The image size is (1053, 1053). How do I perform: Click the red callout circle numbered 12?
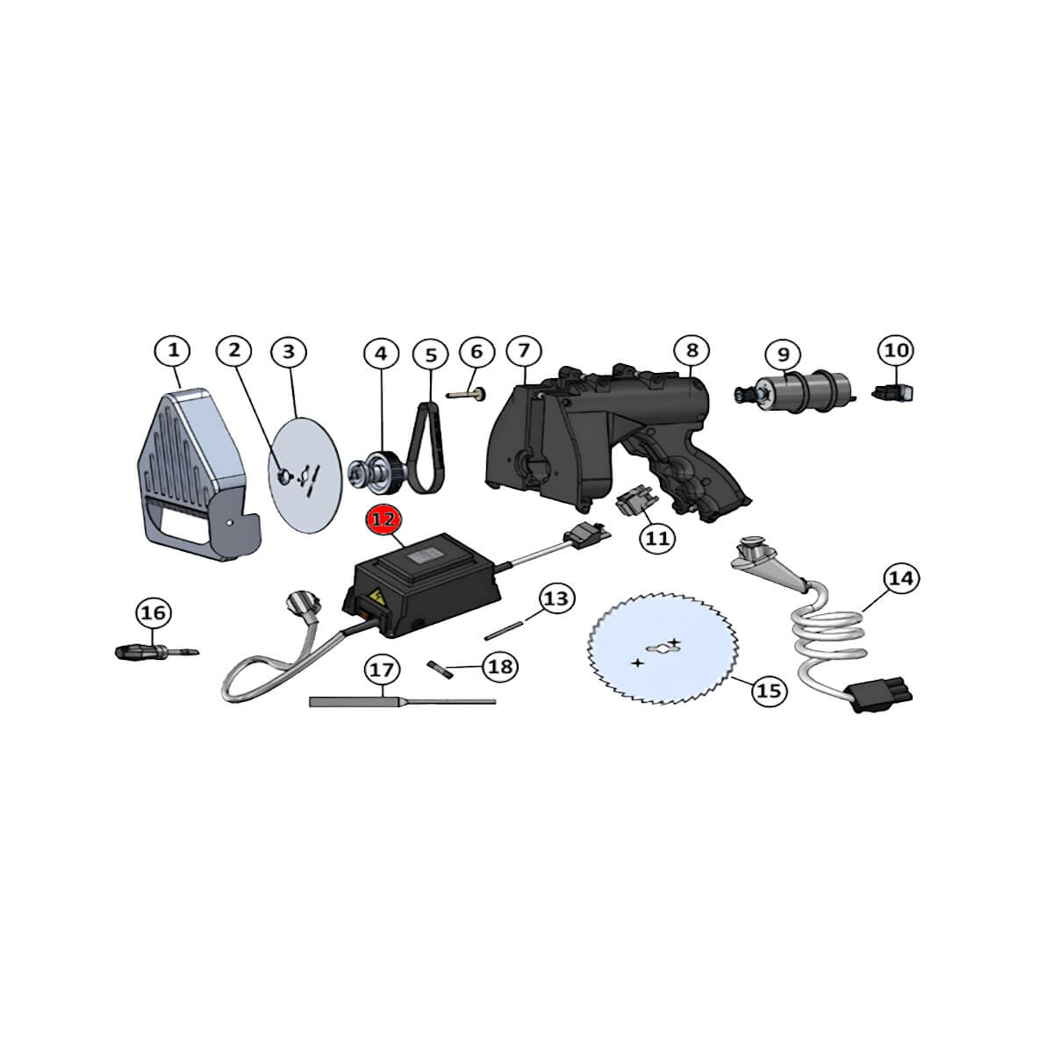click(x=383, y=519)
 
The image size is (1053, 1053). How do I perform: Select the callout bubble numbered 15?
click(x=770, y=691)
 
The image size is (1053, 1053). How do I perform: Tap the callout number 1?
click(x=173, y=350)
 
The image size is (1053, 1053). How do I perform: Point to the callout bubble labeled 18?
click(x=500, y=666)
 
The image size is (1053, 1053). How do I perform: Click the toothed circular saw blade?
click(x=663, y=648)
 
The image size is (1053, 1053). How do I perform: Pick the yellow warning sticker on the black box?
click(x=377, y=598)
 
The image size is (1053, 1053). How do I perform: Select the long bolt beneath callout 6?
click(x=466, y=395)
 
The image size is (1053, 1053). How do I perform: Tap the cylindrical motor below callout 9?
click(x=794, y=392)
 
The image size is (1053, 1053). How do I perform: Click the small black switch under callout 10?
click(x=894, y=392)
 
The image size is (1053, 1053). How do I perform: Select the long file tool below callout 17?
click(x=403, y=702)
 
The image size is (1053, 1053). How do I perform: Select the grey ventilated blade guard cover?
click(x=197, y=473)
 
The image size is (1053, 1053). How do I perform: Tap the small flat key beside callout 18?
click(x=441, y=670)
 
